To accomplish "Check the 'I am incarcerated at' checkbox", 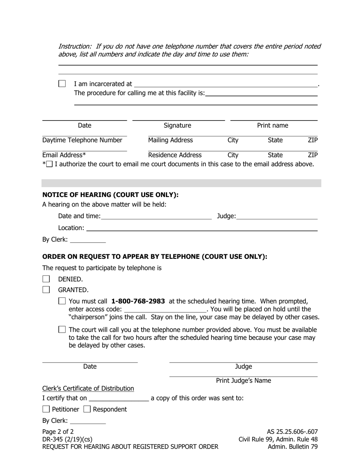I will [62, 84].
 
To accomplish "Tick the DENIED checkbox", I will [46, 279].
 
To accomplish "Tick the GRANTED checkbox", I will [46, 290].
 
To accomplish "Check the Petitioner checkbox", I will [46, 409].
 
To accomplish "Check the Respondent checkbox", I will [87, 409].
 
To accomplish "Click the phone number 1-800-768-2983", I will [138, 301].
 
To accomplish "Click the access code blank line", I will [165, 310].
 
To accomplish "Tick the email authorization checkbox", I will [50, 164].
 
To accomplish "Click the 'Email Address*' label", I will [64, 155].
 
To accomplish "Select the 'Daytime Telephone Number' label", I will [82, 140].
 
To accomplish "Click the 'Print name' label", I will [272, 125].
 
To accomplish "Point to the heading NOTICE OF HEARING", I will [110, 195].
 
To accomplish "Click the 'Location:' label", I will [71, 228].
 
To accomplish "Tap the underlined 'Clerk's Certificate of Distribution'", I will [88, 388].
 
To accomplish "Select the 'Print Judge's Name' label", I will [243, 381].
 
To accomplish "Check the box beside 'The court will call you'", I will [62, 330].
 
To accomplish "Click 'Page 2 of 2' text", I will [58, 432].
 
